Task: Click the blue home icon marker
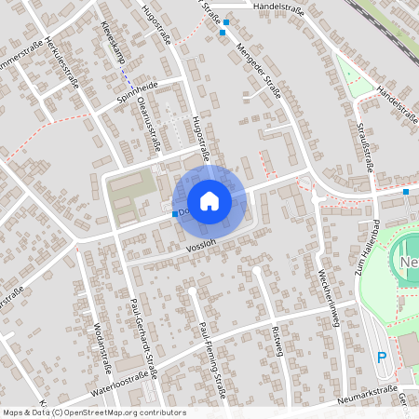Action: pos(209,201)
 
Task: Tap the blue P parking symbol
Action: pos(381,358)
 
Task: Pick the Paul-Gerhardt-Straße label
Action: pos(144,334)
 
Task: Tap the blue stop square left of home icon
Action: pos(175,214)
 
